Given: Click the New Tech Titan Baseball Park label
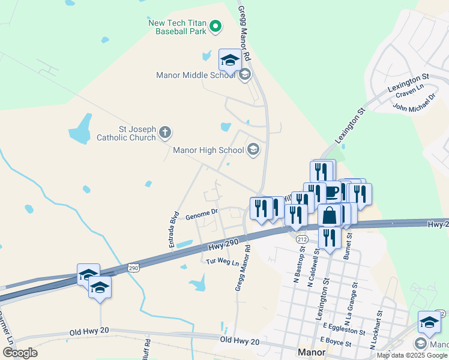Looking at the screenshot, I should point(177,26).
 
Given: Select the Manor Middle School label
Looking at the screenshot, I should point(196,76).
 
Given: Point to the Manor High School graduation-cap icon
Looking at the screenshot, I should point(253,150).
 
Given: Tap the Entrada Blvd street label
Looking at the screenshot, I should point(173,229).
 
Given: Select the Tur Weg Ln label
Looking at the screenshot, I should point(223,263).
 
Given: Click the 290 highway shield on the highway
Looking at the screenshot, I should point(133,268).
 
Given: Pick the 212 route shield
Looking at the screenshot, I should point(302,239).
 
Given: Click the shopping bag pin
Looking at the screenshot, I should point(330,215).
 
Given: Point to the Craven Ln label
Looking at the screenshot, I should point(409,93).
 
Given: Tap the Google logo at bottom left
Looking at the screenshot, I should point(20,353).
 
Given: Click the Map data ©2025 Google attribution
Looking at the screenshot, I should point(412,355).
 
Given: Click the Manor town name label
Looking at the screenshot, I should point(312,351).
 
